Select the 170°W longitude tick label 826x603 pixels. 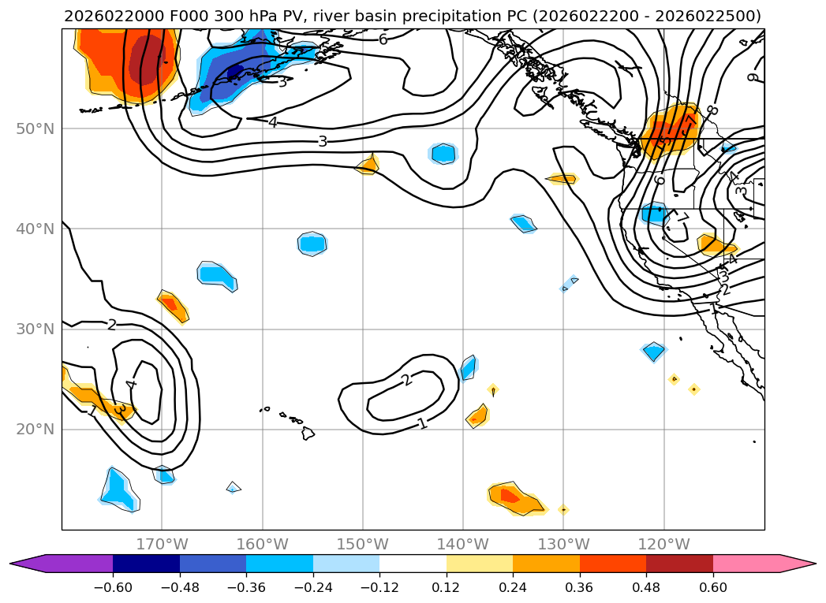162,544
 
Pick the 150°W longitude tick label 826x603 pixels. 362,544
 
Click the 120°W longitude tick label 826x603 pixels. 663,544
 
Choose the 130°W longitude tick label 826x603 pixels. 563,544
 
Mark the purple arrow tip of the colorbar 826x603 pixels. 21,563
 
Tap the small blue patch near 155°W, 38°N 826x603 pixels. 312,244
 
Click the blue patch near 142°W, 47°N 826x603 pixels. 443,153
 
